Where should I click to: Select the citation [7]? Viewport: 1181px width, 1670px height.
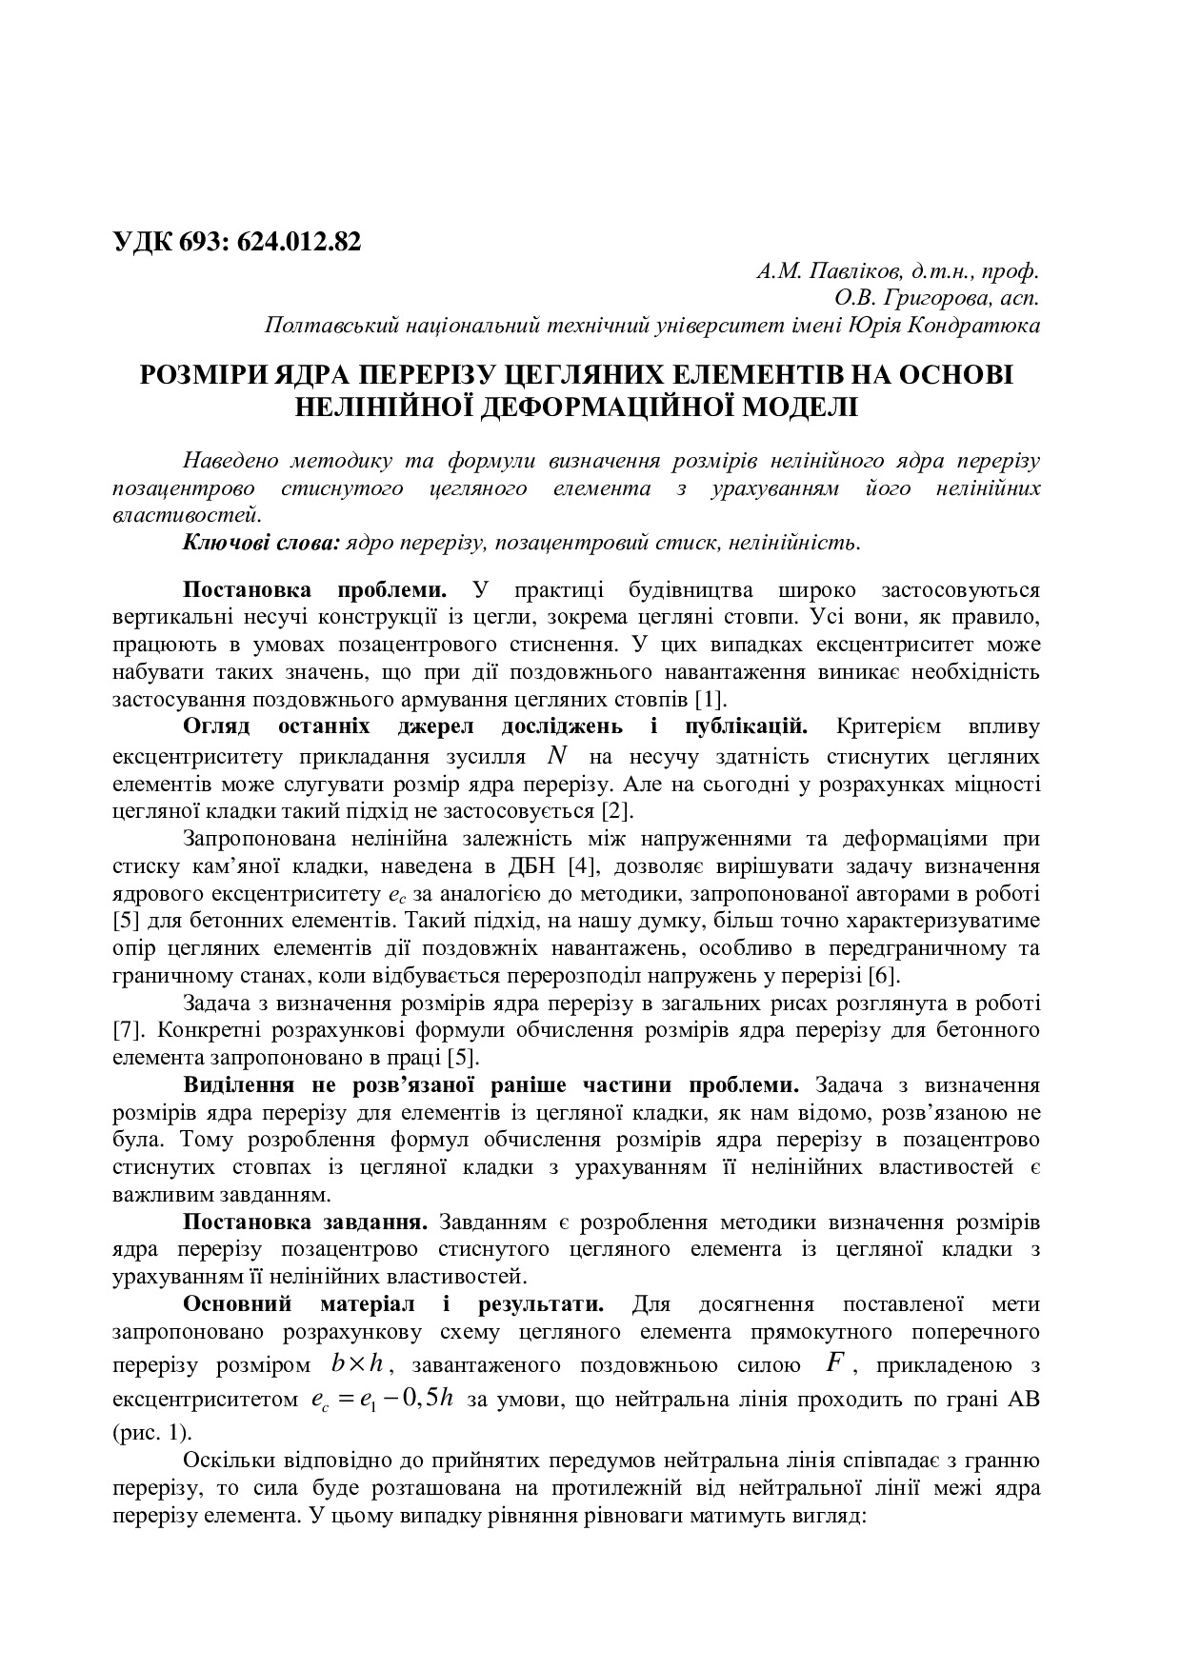[128, 1031]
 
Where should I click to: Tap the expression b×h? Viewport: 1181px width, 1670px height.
[357, 1363]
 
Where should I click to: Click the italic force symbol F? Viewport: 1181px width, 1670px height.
[834, 1362]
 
